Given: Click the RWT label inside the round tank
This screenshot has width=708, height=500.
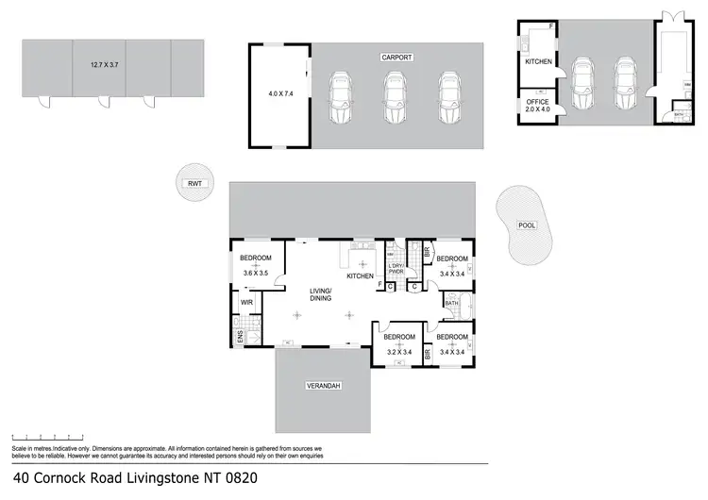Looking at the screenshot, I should [x=195, y=184].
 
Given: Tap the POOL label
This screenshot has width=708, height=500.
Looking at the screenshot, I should [x=527, y=225].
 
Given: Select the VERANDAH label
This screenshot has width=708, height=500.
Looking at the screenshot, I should [x=322, y=387].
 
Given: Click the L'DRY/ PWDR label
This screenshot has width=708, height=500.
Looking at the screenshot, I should [x=396, y=270].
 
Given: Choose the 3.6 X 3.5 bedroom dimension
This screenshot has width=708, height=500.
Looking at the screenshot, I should [x=255, y=274].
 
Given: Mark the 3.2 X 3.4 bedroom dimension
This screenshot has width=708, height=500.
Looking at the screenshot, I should [x=399, y=353].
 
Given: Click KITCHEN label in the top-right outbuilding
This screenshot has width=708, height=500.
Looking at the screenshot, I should [x=538, y=61].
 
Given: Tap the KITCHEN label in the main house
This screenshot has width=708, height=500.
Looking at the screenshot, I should [x=361, y=276].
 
